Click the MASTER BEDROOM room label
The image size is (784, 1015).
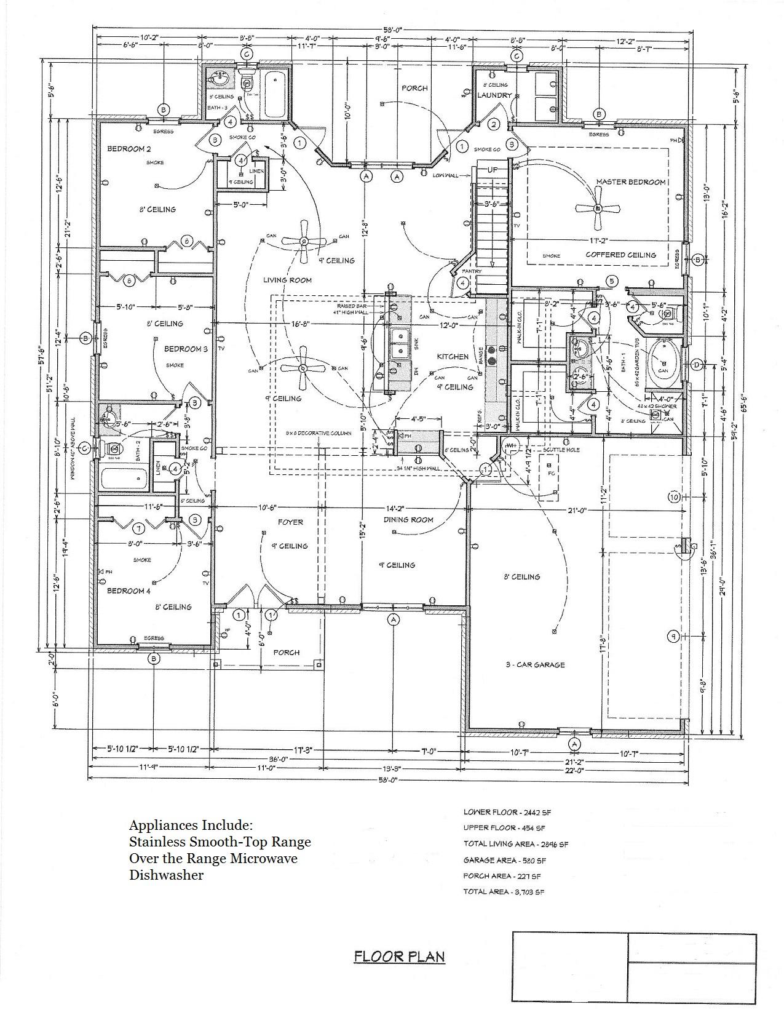(630, 182)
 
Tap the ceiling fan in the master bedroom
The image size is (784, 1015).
(597, 208)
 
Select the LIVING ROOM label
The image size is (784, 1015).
(287, 280)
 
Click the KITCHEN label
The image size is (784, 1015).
(453, 357)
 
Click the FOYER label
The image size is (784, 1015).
(290, 522)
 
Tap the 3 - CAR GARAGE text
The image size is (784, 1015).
(535, 665)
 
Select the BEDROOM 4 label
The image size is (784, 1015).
(129, 591)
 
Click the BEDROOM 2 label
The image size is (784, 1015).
(129, 149)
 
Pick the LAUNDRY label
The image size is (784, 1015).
(494, 95)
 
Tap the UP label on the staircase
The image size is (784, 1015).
(493, 170)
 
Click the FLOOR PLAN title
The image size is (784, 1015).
(399, 957)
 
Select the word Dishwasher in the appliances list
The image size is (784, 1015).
(166, 875)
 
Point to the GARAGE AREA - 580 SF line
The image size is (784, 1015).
(504, 861)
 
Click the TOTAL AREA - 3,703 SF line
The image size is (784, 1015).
(503, 891)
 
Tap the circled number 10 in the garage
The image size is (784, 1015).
(674, 496)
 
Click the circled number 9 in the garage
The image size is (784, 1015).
(674, 637)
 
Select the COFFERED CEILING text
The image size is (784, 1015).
(620, 255)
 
